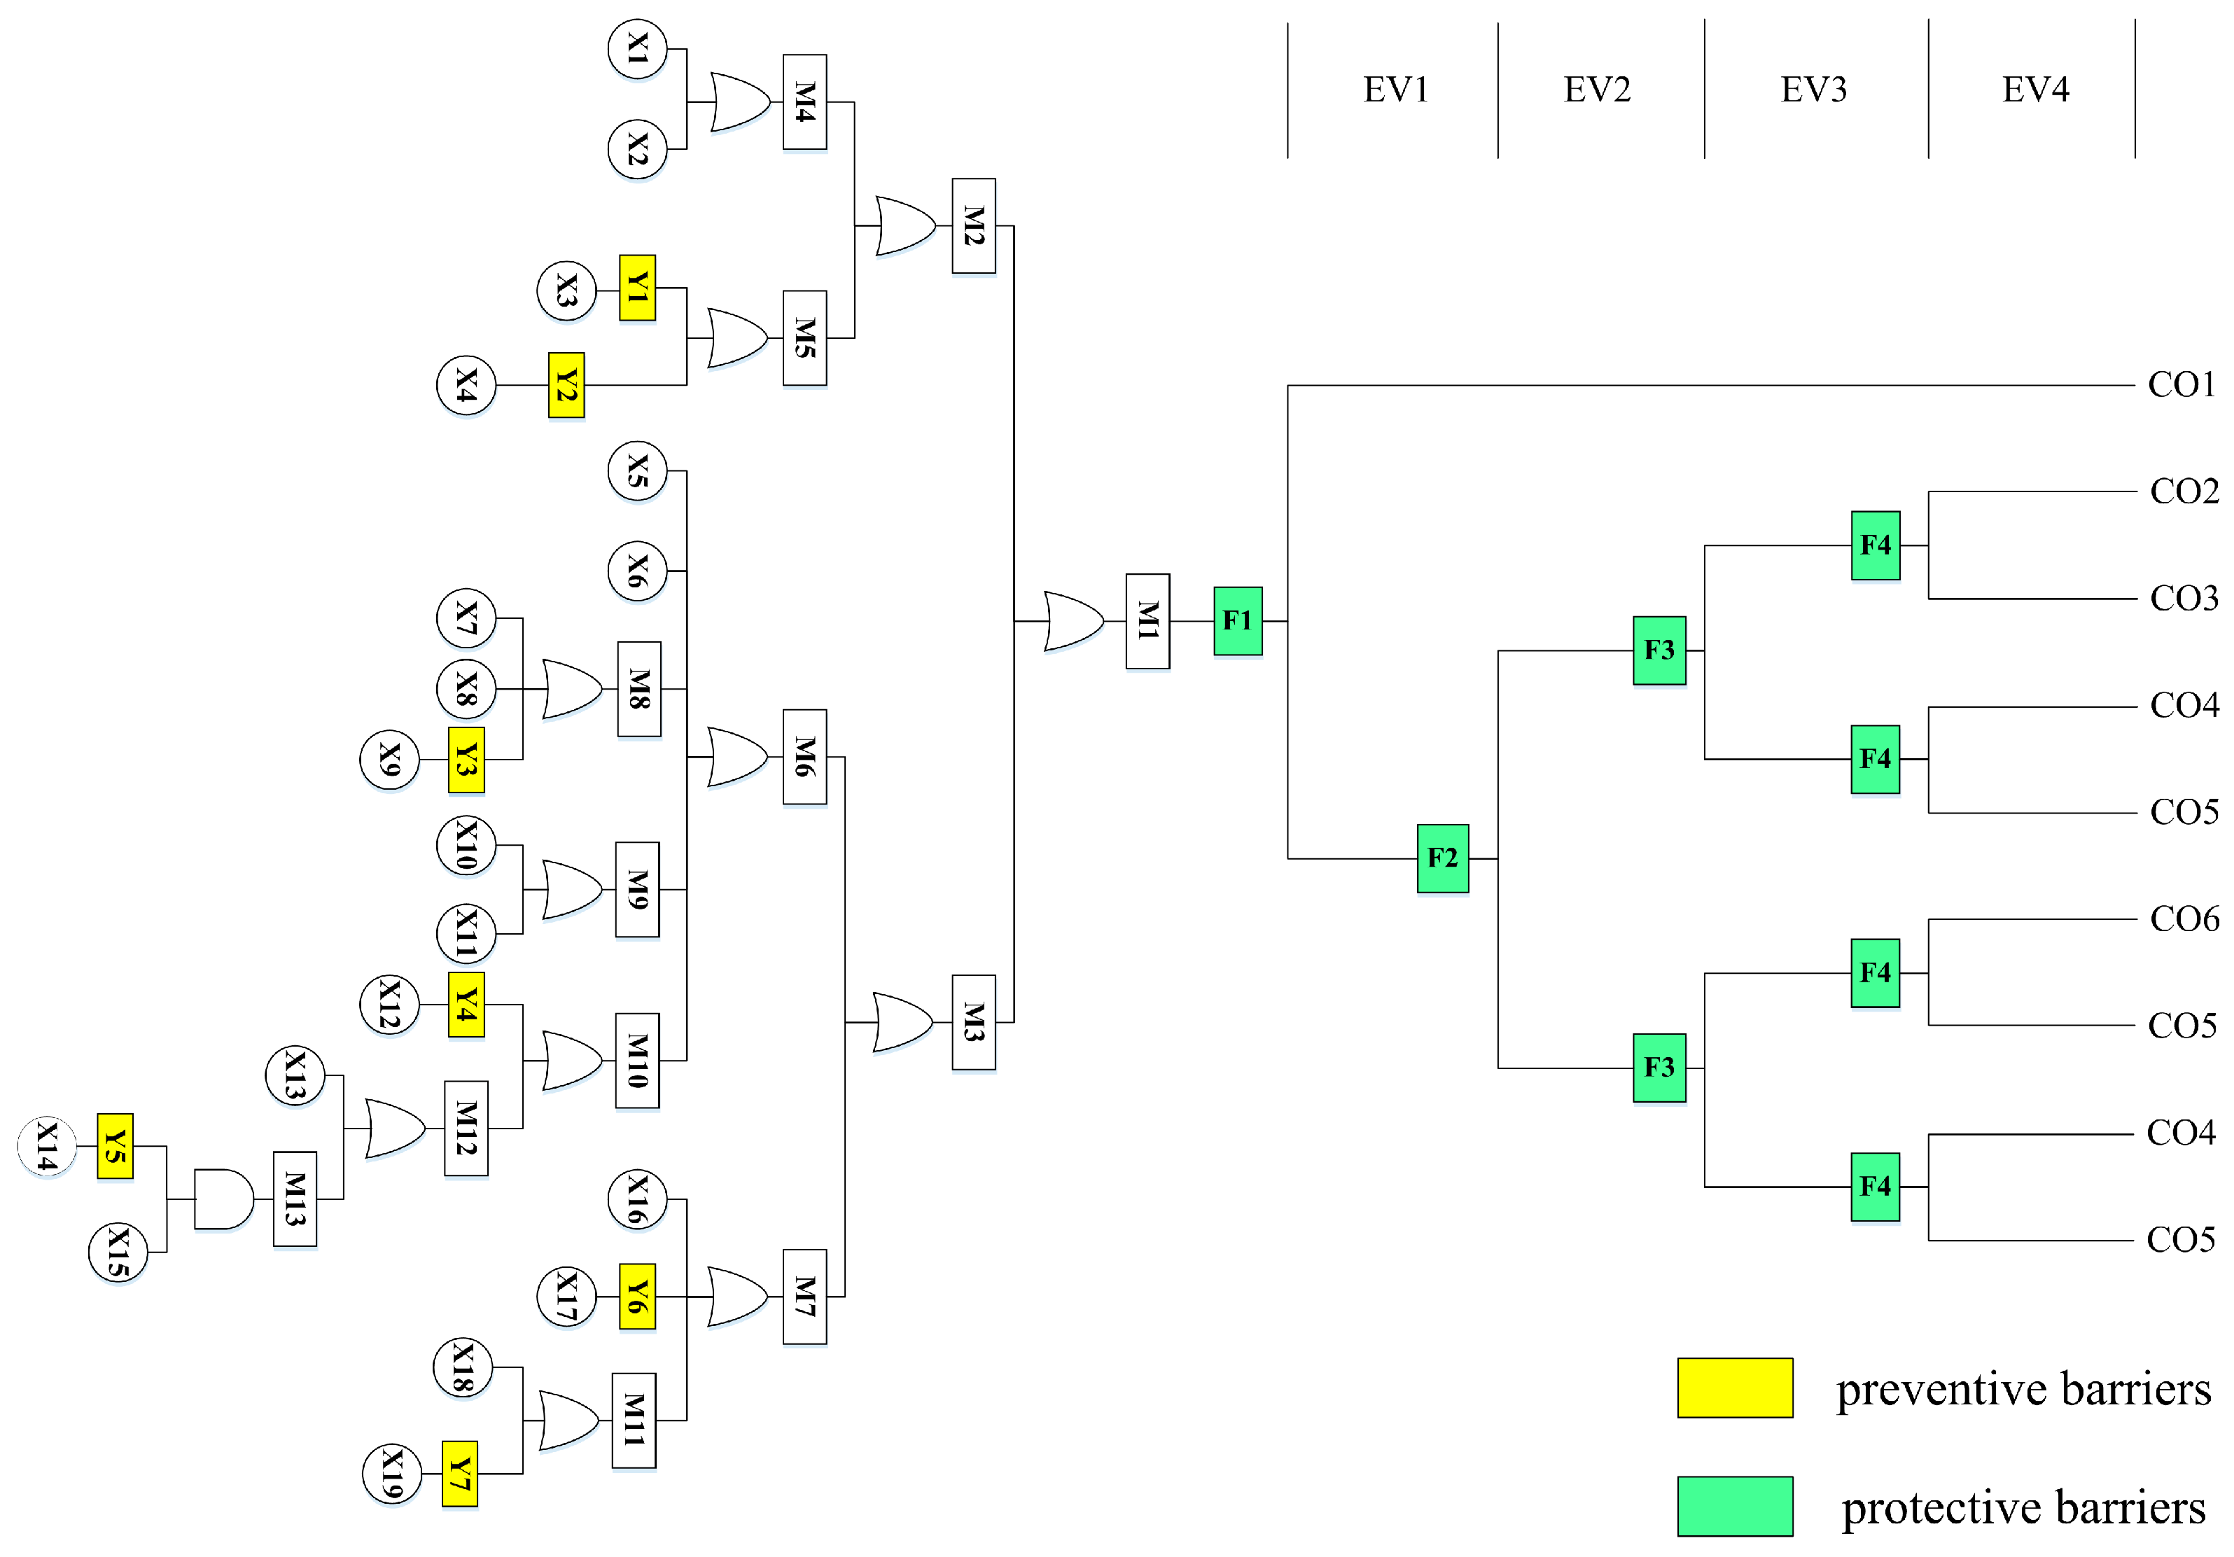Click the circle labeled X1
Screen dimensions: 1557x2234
(637, 49)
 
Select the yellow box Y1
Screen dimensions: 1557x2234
(637, 288)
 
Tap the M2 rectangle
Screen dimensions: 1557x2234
(973, 225)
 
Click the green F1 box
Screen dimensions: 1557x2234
(1238, 621)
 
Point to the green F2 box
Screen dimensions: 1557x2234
(1442, 858)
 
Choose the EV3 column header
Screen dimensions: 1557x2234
(1814, 90)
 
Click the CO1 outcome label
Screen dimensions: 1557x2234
(2181, 384)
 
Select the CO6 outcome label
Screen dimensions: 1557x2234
(2184, 919)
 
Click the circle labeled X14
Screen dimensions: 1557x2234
(47, 1145)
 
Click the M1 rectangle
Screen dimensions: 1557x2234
(1147, 621)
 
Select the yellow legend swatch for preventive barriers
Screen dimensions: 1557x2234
(1735, 1388)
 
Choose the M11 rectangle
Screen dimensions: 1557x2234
(634, 1420)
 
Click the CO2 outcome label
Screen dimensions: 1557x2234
(2184, 491)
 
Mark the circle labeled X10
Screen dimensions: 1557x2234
(466, 845)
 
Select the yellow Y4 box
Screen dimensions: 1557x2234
(466, 1004)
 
